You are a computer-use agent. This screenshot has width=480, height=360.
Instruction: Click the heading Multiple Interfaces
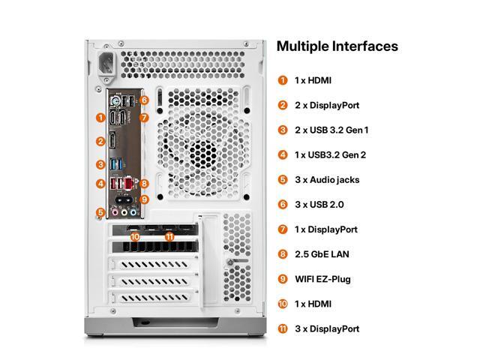click(337, 46)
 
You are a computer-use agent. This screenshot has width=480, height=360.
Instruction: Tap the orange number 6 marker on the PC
click(144, 100)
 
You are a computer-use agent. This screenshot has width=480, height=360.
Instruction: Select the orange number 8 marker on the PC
click(144, 184)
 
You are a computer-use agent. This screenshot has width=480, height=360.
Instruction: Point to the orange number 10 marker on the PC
click(135, 236)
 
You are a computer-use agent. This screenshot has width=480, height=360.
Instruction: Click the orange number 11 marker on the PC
click(169, 236)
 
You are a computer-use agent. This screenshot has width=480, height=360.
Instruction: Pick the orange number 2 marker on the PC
click(100, 142)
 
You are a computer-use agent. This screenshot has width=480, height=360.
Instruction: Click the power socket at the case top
click(106, 64)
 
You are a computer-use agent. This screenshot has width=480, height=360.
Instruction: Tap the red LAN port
click(130, 183)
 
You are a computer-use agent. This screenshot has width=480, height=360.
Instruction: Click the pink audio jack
click(115, 211)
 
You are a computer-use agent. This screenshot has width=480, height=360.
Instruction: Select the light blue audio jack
click(133, 211)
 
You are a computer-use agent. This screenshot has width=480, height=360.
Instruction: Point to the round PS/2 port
click(115, 100)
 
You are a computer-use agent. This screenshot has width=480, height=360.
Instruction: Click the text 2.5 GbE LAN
click(322, 254)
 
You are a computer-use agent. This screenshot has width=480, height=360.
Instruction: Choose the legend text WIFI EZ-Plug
click(322, 280)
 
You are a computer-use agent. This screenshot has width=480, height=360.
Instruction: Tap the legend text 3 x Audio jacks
click(327, 180)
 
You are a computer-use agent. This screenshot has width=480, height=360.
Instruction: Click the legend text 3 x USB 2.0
click(319, 205)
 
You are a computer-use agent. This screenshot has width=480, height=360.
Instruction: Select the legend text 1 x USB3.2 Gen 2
click(330, 155)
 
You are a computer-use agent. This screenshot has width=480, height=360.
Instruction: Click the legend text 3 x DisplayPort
click(327, 329)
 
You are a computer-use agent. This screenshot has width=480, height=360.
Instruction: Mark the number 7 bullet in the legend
click(283, 229)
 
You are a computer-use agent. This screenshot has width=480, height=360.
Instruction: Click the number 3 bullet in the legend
click(283, 130)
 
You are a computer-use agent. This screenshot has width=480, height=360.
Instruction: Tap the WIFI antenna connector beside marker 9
click(124, 200)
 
